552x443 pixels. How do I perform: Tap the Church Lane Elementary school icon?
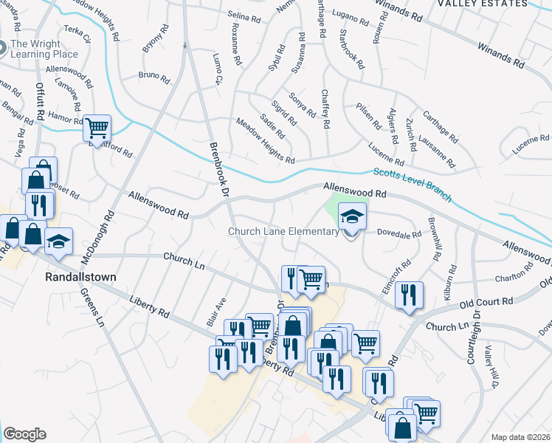351,218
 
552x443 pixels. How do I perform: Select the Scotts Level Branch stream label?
412,182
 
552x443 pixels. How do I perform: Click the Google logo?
24,434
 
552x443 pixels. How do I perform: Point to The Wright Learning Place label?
44,49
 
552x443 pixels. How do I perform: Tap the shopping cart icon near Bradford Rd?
97,128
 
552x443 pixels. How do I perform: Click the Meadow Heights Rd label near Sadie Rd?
265,141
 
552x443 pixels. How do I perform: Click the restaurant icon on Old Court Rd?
407,295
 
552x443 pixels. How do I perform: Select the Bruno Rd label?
154,75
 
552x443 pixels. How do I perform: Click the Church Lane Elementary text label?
283,231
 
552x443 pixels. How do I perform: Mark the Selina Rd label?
245,16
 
